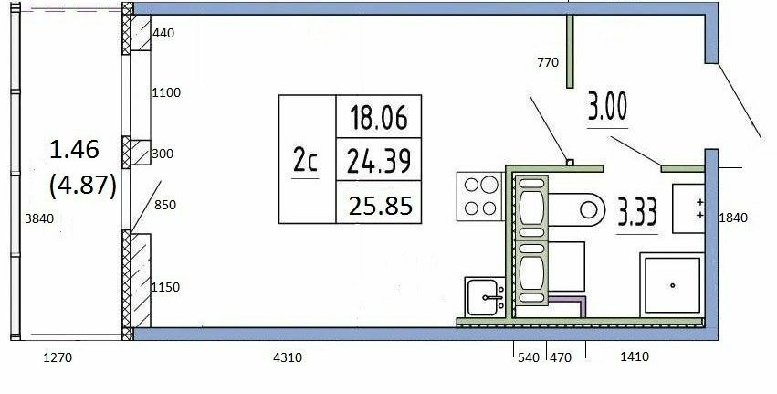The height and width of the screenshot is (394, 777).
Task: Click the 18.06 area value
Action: point(379,118)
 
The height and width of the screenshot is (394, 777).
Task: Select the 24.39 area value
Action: point(379,161)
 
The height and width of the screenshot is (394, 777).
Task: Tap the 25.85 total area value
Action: point(380,205)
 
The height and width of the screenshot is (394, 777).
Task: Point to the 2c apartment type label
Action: point(305,160)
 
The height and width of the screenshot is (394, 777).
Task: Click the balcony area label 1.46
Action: point(74,149)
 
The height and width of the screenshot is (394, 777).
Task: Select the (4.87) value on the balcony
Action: point(83,186)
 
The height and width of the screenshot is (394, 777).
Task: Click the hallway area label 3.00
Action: point(607,106)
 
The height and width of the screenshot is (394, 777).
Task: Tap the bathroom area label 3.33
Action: point(637,211)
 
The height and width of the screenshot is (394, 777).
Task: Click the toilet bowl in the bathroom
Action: point(577,209)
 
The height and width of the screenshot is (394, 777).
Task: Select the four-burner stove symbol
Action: point(480,196)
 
